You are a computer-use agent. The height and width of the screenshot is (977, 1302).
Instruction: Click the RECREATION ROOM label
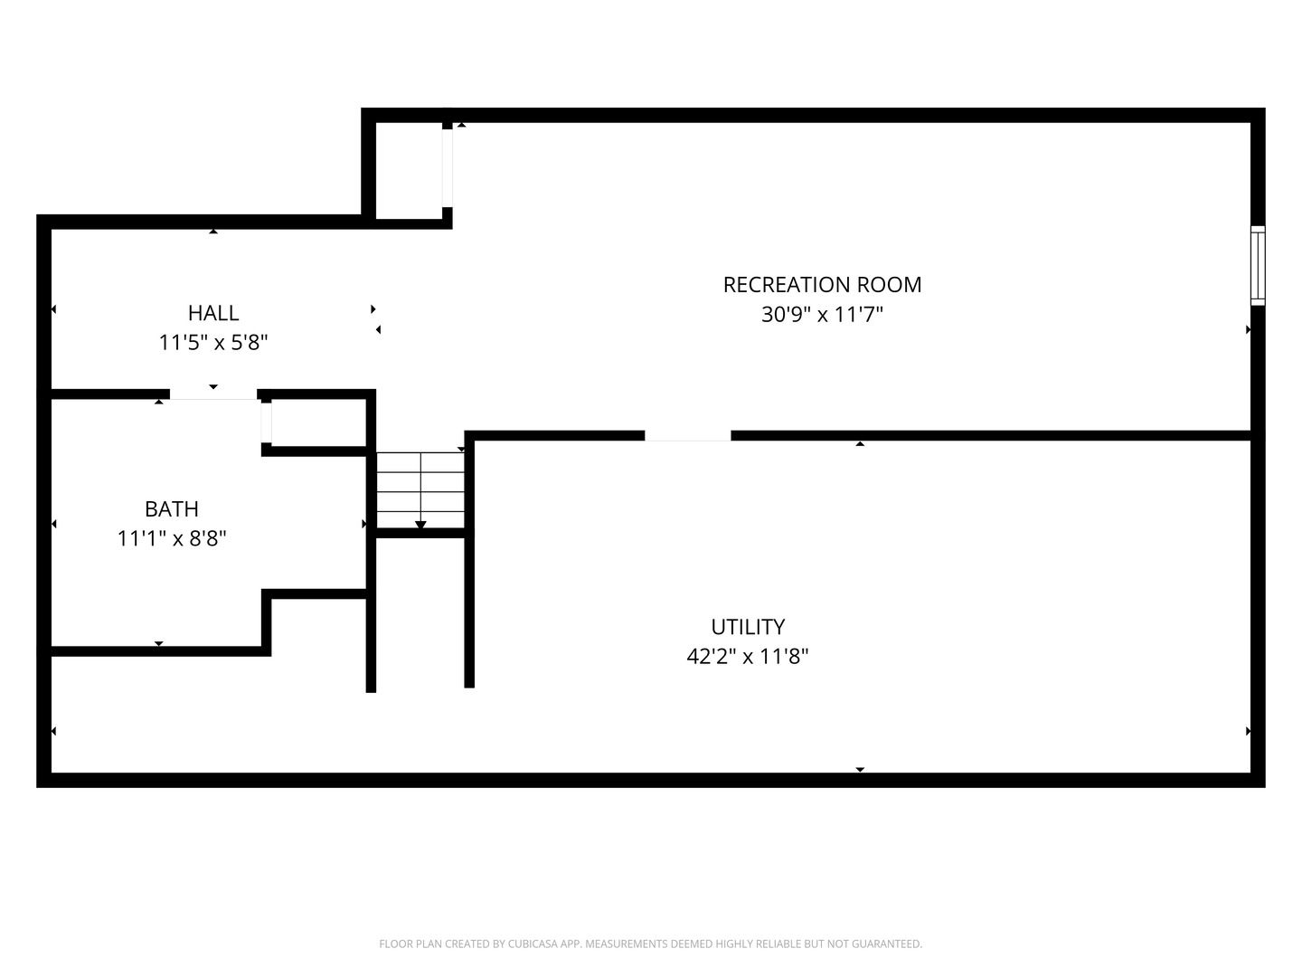(x=822, y=285)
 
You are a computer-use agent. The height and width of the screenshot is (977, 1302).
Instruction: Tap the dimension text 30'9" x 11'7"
(x=822, y=315)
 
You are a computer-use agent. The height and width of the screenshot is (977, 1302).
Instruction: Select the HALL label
(x=213, y=313)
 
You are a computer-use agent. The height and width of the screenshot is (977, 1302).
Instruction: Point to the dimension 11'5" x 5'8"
(x=213, y=342)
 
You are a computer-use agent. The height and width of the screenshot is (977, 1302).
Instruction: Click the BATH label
(x=172, y=508)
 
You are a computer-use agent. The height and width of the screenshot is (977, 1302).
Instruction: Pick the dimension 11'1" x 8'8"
(x=172, y=538)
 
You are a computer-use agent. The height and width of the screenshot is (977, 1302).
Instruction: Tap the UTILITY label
(x=748, y=626)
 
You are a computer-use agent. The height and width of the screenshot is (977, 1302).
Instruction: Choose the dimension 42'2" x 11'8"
(x=748, y=656)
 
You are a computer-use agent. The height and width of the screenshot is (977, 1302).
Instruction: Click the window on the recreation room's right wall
(x=1258, y=266)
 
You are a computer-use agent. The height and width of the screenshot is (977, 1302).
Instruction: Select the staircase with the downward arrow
(x=420, y=490)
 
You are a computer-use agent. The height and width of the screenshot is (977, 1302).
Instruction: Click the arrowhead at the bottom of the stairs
(x=420, y=525)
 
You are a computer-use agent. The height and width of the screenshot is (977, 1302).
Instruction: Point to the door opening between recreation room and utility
(x=687, y=436)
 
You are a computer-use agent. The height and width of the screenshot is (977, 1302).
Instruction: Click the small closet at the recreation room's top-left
(x=409, y=171)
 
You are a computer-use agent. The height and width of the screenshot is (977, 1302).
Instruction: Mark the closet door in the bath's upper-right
(x=267, y=422)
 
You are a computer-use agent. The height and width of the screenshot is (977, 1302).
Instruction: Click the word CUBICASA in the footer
(x=530, y=944)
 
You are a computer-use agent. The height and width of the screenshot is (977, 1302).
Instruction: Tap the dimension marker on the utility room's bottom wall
(x=860, y=769)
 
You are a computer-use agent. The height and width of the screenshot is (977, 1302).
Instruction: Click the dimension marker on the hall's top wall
(x=213, y=232)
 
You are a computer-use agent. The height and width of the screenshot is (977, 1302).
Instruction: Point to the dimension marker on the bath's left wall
(x=54, y=524)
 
